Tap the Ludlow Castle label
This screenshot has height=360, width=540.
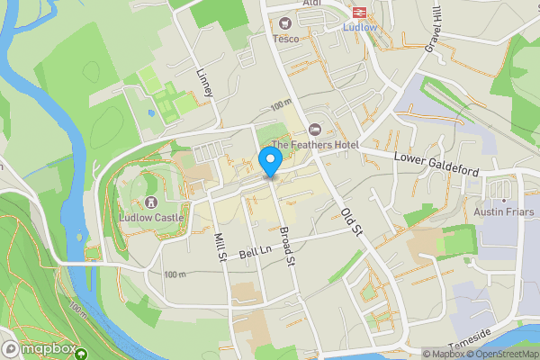pyautogui.click(x=151, y=217)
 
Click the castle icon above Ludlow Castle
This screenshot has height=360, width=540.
pyautogui.click(x=151, y=202)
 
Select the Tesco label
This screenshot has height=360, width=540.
pyautogui.click(x=286, y=38)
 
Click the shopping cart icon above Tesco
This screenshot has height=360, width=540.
pyautogui.click(x=286, y=23)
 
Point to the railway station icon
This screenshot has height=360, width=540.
pyautogui.click(x=357, y=12)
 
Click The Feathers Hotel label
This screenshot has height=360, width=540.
pyautogui.click(x=315, y=145)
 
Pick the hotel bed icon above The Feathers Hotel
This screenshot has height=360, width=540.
pyautogui.click(x=315, y=130)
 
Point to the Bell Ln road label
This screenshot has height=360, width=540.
pyautogui.click(x=255, y=250)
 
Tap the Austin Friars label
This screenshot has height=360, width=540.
pyautogui.click(x=504, y=212)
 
